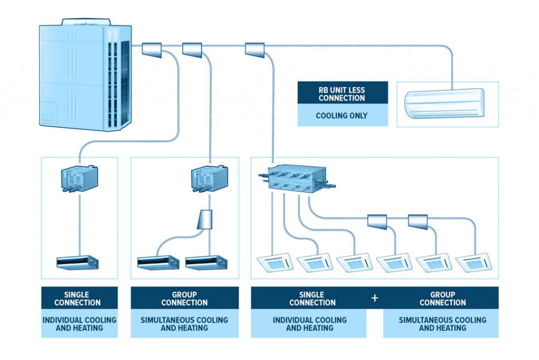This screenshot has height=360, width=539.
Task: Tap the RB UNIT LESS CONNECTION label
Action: point(342,93)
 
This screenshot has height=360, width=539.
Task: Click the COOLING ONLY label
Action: point(342,115)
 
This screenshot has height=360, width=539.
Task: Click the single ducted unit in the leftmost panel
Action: point(77,262)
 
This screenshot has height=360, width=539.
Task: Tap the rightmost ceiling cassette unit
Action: point(472,263)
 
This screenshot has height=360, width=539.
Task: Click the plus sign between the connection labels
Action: point(375,298)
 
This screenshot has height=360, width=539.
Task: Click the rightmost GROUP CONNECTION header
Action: point(442,298)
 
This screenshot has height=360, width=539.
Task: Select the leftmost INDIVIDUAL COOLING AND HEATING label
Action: point(79,324)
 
